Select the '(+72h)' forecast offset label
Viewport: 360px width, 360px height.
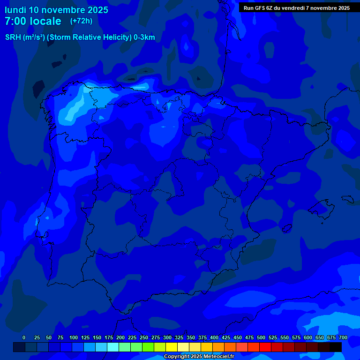pyautogui.click(x=81, y=21)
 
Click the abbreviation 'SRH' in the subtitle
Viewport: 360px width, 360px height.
pyautogui.click(x=13, y=37)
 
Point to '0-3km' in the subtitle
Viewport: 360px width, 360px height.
pyautogui.click(x=144, y=37)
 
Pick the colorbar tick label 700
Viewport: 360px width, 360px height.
pyautogui.click(x=343, y=337)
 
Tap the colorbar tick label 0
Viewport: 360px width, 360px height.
pyautogui.click(x=24, y=337)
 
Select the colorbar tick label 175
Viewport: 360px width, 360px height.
pyautogui.click(x=108, y=337)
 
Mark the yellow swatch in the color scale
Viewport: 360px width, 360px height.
pyautogui.click(x=172, y=347)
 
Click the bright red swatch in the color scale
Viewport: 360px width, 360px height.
pyautogui.click(x=265, y=347)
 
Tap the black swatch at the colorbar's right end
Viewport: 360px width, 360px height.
pyautogui.click(x=336, y=347)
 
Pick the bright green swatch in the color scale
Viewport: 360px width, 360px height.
pyautogui.click(x=148, y=347)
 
